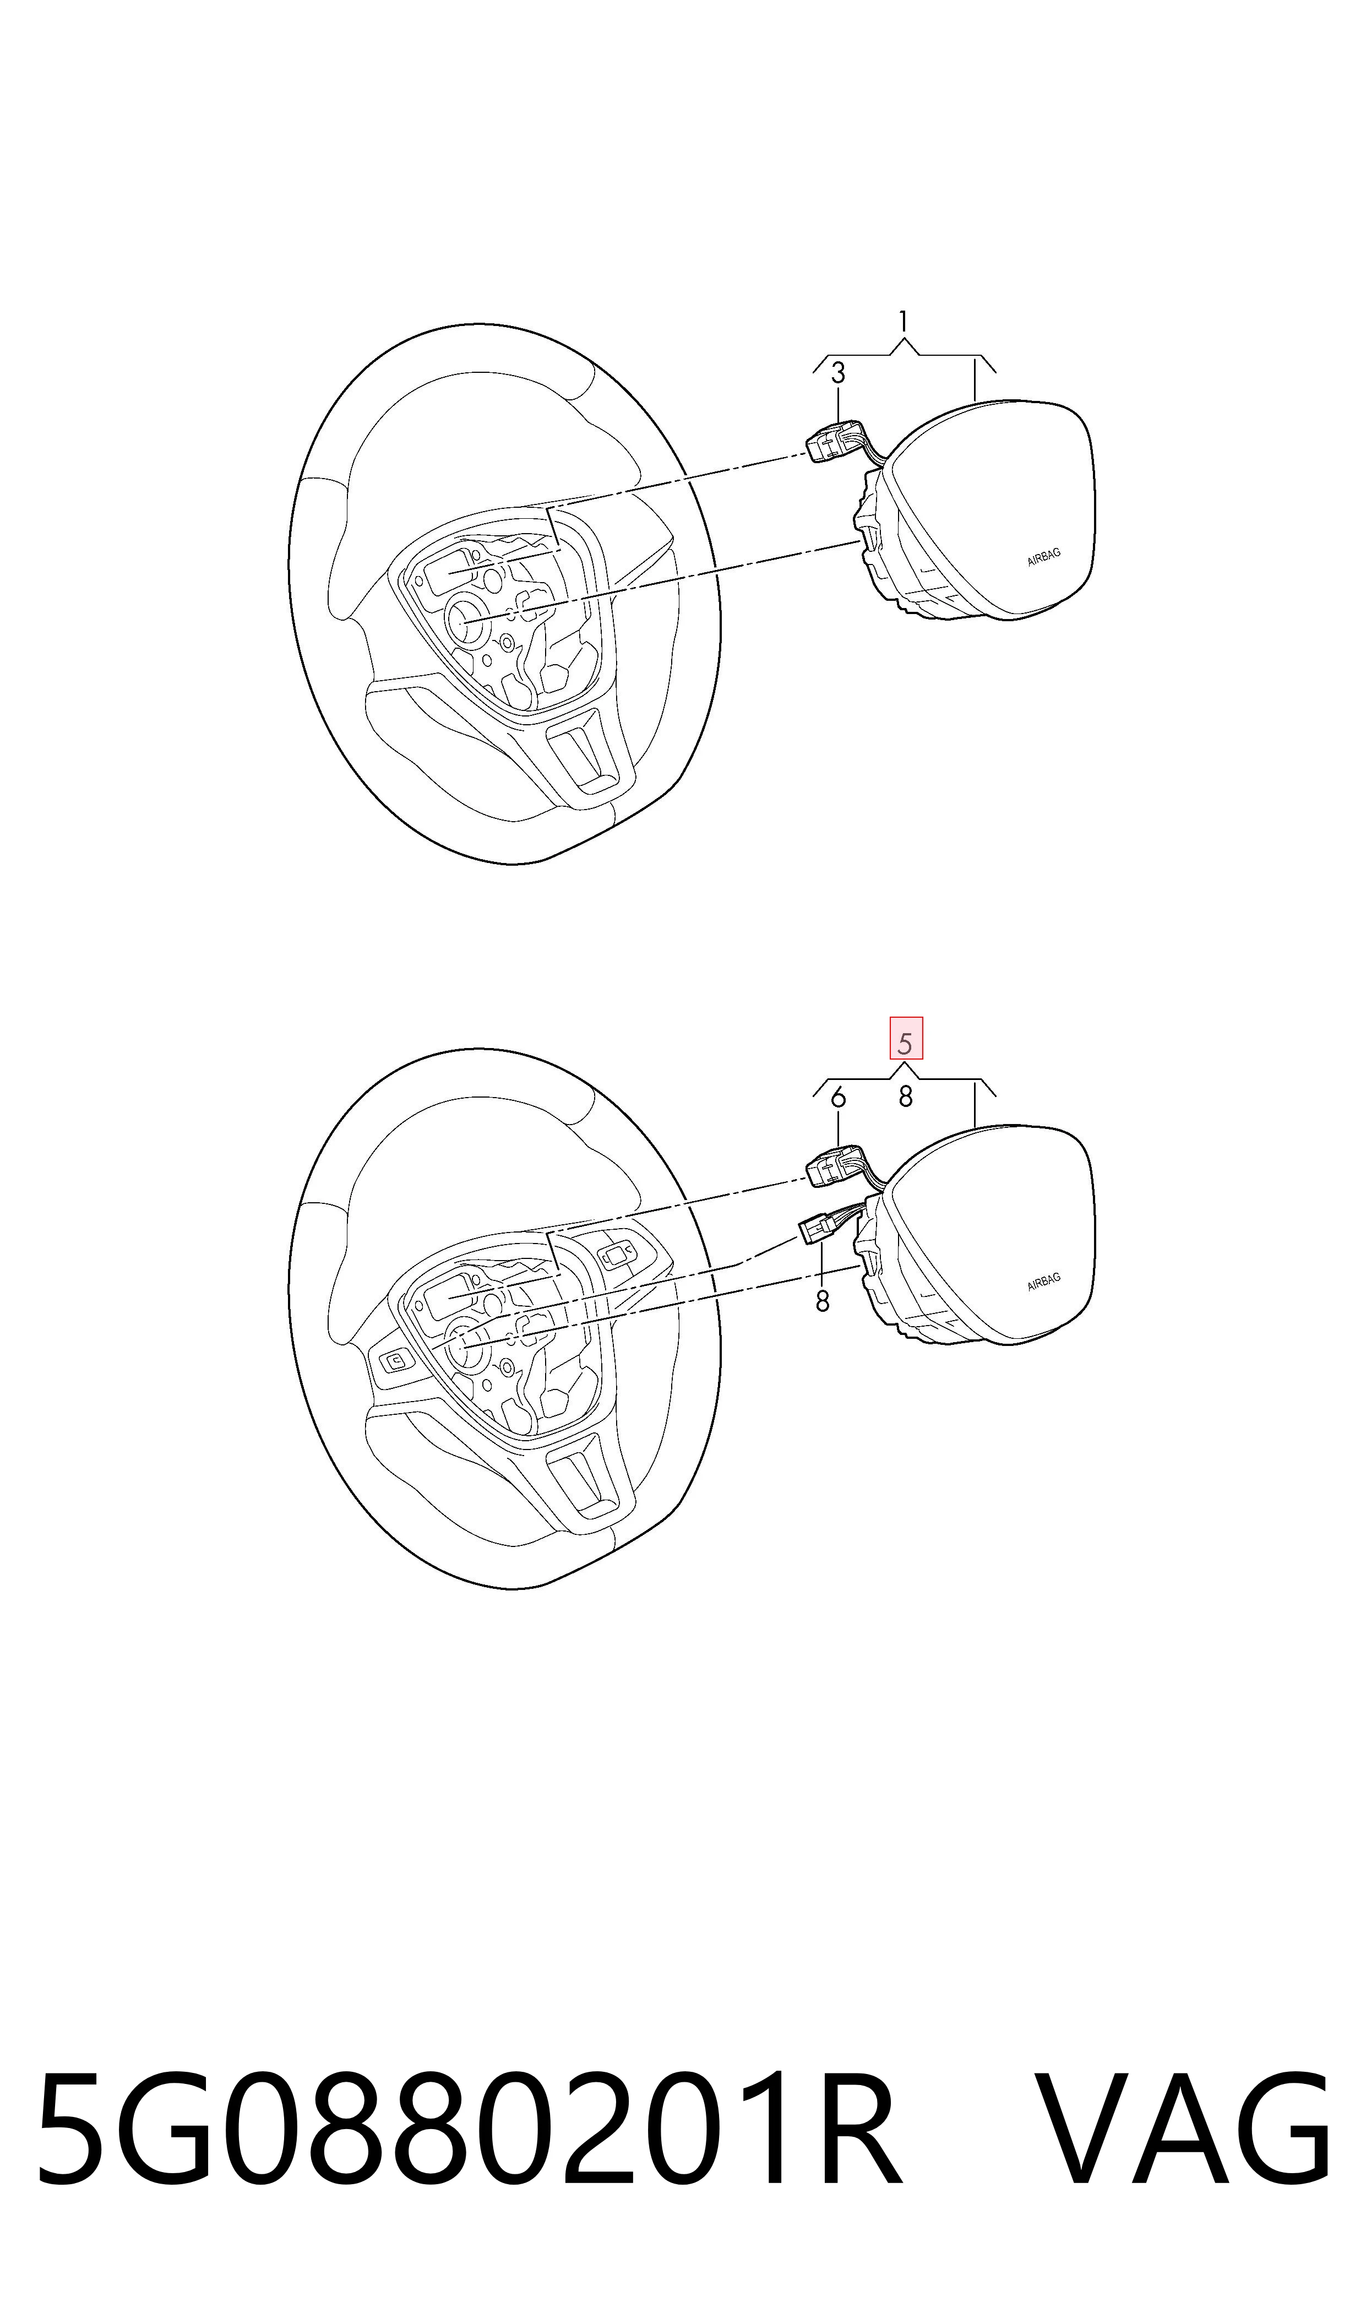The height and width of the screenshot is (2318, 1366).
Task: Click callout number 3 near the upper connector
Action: pyautogui.click(x=837, y=374)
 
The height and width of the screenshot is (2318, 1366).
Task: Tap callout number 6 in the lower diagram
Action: pyautogui.click(x=837, y=1098)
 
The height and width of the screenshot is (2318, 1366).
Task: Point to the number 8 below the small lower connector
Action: pyautogui.click(x=822, y=1302)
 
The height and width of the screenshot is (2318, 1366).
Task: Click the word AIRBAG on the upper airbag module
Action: pyautogui.click(x=1044, y=557)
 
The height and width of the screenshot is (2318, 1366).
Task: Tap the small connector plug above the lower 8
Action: pyautogui.click(x=815, y=1229)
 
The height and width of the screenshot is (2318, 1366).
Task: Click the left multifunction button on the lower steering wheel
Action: pyautogui.click(x=395, y=1361)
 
